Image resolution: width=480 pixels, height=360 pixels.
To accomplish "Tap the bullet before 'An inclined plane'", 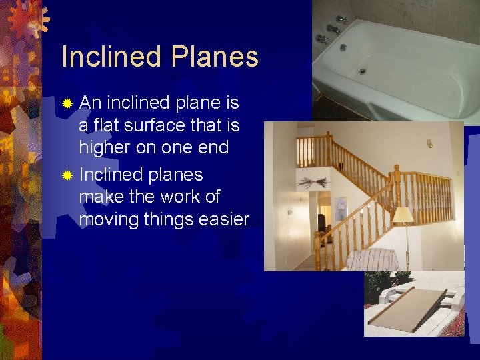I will pos(67,103).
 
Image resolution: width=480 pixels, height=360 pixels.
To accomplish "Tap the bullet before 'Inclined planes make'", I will pos(67,175).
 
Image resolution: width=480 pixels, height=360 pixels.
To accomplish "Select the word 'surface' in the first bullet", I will pos(149,125).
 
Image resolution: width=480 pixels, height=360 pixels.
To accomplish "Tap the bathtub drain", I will pos(363,71).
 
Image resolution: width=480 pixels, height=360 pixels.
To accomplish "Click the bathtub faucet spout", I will pos(333,30).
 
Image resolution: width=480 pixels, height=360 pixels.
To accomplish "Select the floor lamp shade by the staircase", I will pos(403,215).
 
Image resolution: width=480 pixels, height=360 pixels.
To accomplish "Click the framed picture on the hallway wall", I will pos(341,207).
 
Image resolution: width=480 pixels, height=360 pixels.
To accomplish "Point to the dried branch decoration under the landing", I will pos(313,183).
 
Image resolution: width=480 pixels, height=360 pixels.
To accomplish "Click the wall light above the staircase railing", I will pos(429,143).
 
